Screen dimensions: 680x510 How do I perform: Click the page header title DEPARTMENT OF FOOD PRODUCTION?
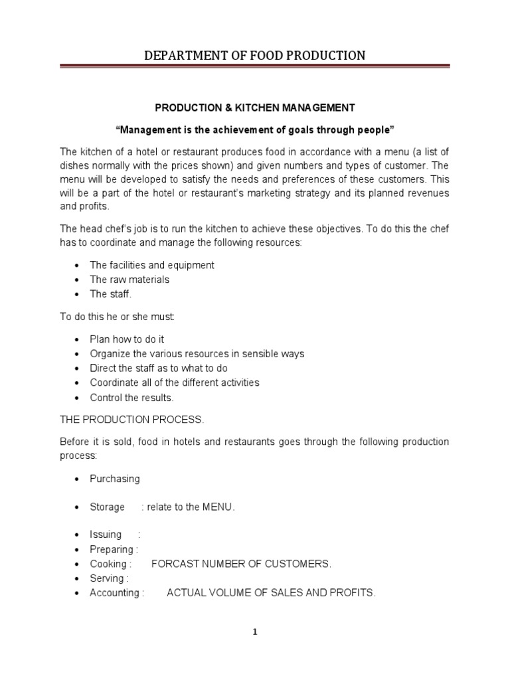click(255, 55)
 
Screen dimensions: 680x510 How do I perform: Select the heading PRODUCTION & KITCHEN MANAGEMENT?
click(255, 107)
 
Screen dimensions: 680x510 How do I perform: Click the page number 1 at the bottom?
click(255, 632)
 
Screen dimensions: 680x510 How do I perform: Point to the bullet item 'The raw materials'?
click(129, 280)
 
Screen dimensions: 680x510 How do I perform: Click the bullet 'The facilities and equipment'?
click(152, 265)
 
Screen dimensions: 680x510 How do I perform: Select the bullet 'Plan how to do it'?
click(127, 339)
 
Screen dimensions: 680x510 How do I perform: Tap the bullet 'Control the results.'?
click(131, 398)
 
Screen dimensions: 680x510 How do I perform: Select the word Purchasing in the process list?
click(115, 479)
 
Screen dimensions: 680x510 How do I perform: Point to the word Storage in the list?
click(107, 507)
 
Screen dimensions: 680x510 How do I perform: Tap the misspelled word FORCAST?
click(173, 564)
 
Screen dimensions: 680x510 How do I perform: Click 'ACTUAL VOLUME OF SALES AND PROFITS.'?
click(271, 593)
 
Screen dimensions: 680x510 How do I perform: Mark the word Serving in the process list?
click(106, 578)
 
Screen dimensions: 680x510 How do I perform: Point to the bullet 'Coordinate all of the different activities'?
click(175, 383)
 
